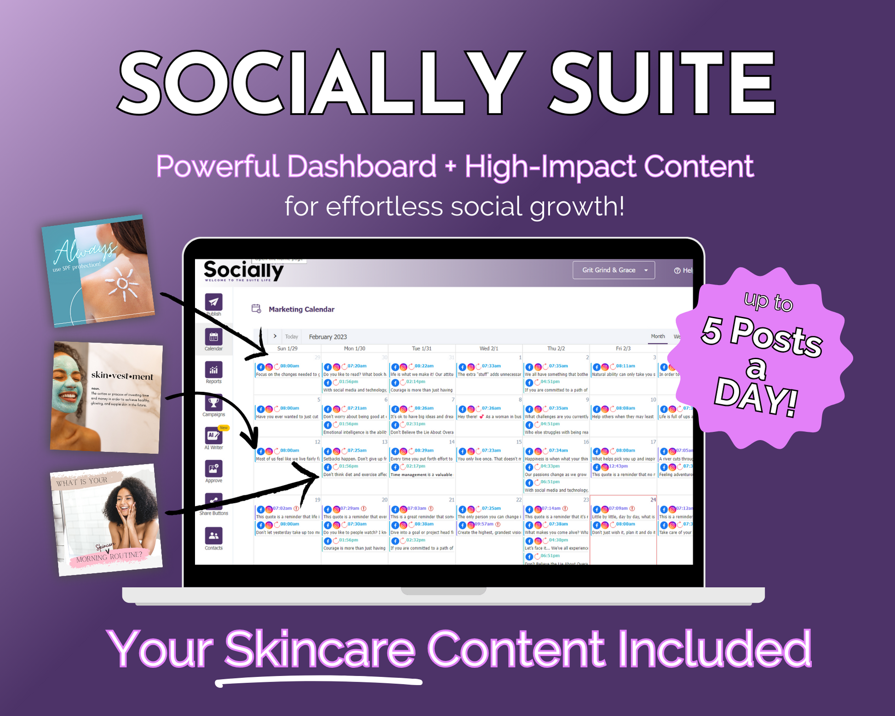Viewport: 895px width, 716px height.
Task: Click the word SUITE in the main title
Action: (662, 83)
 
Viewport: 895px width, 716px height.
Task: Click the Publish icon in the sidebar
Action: (213, 302)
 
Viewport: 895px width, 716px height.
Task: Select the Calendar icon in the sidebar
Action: (213, 337)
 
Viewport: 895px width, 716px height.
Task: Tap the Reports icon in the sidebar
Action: (213, 370)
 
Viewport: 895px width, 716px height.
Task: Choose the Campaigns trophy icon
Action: (213, 403)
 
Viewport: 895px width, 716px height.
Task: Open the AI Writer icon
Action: (213, 435)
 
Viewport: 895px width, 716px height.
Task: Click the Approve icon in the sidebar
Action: (213, 469)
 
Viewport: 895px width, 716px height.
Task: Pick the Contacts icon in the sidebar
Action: (213, 536)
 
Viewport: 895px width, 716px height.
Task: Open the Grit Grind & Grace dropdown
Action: (613, 270)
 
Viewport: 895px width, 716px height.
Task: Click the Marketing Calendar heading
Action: (301, 309)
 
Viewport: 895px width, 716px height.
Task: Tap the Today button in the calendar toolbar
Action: (292, 337)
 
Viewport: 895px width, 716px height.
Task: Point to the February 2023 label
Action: (328, 337)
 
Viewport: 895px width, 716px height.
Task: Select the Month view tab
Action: (658, 336)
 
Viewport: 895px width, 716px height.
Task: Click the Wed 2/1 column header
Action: (488, 349)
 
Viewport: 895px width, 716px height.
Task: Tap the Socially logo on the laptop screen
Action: (243, 270)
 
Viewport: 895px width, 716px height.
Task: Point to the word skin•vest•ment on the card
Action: (122, 376)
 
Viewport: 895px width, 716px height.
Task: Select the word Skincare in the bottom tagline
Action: (319, 649)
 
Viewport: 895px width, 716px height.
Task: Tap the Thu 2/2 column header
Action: (556, 349)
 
